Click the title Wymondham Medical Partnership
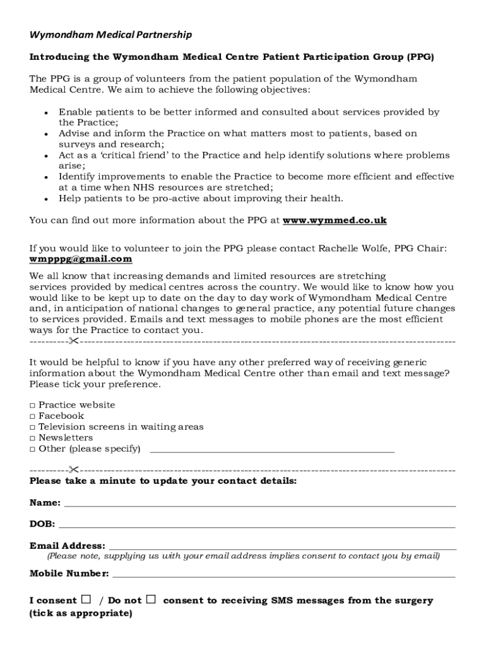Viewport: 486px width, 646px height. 110,35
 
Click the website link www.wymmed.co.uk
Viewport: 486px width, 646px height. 335,220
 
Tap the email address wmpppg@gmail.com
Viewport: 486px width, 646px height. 81,259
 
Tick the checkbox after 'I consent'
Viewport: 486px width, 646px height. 86,599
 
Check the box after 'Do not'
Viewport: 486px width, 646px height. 151,599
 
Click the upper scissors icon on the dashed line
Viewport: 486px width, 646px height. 74,341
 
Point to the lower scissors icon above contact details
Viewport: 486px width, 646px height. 74,470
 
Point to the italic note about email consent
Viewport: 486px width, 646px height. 243,556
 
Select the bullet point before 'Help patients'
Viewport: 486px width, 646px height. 46,199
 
